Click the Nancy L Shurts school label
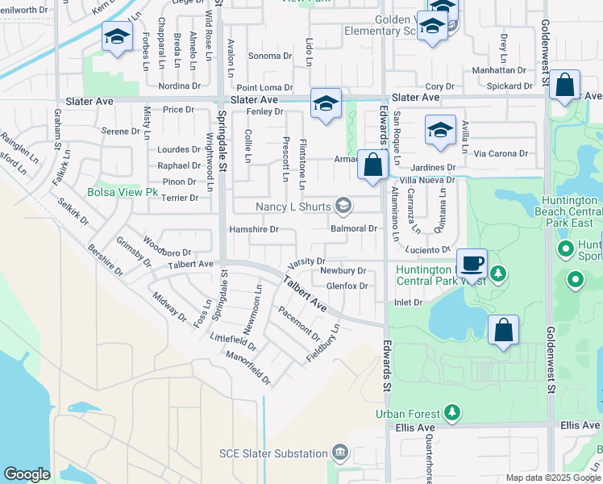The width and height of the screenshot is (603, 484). coord(293,207)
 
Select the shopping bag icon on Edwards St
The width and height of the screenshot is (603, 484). coord(372,165)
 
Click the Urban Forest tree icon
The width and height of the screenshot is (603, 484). coord(453,412)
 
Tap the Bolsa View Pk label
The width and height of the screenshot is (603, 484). coord(123,193)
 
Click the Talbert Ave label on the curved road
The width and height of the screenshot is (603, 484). coord(304,294)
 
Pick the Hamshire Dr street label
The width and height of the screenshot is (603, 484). coord(254,229)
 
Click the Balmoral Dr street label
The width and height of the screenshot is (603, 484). coord(354,228)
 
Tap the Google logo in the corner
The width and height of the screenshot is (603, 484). coord(27,474)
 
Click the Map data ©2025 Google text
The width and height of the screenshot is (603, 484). coord(553,478)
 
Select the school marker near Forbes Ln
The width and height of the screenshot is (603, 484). coord(117,37)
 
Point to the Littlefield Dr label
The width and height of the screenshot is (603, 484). coord(233,342)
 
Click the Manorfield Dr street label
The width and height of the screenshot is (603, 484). coord(247,367)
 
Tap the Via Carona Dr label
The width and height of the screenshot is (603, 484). coord(501,153)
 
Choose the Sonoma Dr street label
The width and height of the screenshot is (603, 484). coord(269,56)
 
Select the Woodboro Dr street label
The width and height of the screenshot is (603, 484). coord(167,247)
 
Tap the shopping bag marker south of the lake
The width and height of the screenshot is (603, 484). coord(503,331)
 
